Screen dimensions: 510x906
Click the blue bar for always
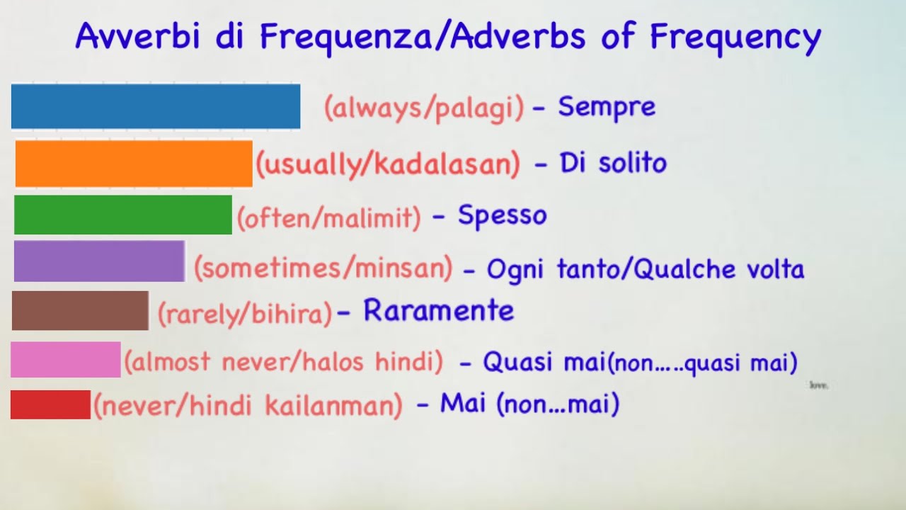tap(156, 106)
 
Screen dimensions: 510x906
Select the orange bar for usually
tap(134, 164)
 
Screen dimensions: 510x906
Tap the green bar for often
tap(123, 215)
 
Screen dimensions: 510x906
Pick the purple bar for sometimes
tap(99, 261)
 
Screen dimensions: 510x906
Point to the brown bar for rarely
tap(80, 310)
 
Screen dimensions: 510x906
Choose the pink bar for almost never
tap(65, 359)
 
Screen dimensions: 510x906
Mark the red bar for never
tap(50, 404)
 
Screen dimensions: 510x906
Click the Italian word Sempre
tap(607, 108)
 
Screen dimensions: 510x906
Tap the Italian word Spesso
tap(503, 215)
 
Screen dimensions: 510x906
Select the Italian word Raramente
tap(439, 311)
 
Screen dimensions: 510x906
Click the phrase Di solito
tap(613, 164)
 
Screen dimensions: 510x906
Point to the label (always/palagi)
tap(424, 108)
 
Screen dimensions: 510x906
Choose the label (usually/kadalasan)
tap(388, 164)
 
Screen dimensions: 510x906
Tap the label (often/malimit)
tap(329, 217)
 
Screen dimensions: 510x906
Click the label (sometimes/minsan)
tap(323, 268)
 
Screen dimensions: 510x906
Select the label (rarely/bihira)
tap(244, 313)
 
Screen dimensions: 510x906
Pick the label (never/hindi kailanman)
tap(248, 407)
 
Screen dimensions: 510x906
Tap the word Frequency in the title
tap(735, 37)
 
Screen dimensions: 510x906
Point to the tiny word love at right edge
tap(818, 385)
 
